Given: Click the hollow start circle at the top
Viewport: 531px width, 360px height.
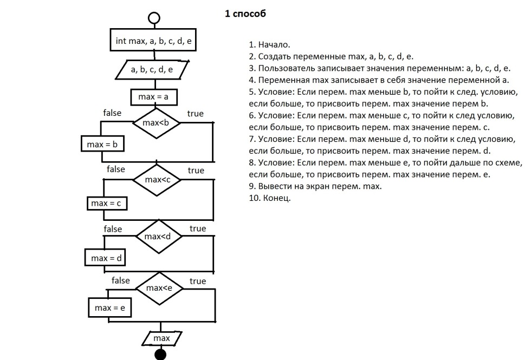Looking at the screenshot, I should point(154,18).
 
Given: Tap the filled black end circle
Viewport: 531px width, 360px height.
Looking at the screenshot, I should point(160,355).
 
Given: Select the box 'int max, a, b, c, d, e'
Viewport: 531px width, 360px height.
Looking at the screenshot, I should point(154,41).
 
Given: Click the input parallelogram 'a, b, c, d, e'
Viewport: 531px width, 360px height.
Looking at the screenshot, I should point(153,70).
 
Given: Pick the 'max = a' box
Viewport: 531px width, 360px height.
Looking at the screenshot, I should point(154,97).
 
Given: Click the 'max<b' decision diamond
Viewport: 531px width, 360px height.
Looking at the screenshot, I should point(156,123).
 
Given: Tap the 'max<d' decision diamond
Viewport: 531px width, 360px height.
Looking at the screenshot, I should point(158,237).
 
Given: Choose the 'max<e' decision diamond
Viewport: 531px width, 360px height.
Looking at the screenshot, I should point(160,288).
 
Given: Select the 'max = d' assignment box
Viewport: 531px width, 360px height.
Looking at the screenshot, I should point(105,258).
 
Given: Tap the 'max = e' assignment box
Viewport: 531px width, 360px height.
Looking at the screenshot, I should point(110,308).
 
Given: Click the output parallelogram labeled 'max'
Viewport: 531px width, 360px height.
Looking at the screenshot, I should point(161,338).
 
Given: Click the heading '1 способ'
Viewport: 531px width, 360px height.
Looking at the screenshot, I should point(245,14).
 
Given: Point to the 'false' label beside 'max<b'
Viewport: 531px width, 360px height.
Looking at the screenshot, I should point(112,113).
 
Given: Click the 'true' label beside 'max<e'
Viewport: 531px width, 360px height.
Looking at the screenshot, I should point(198,281).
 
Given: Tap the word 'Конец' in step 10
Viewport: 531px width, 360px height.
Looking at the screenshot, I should point(276,198).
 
